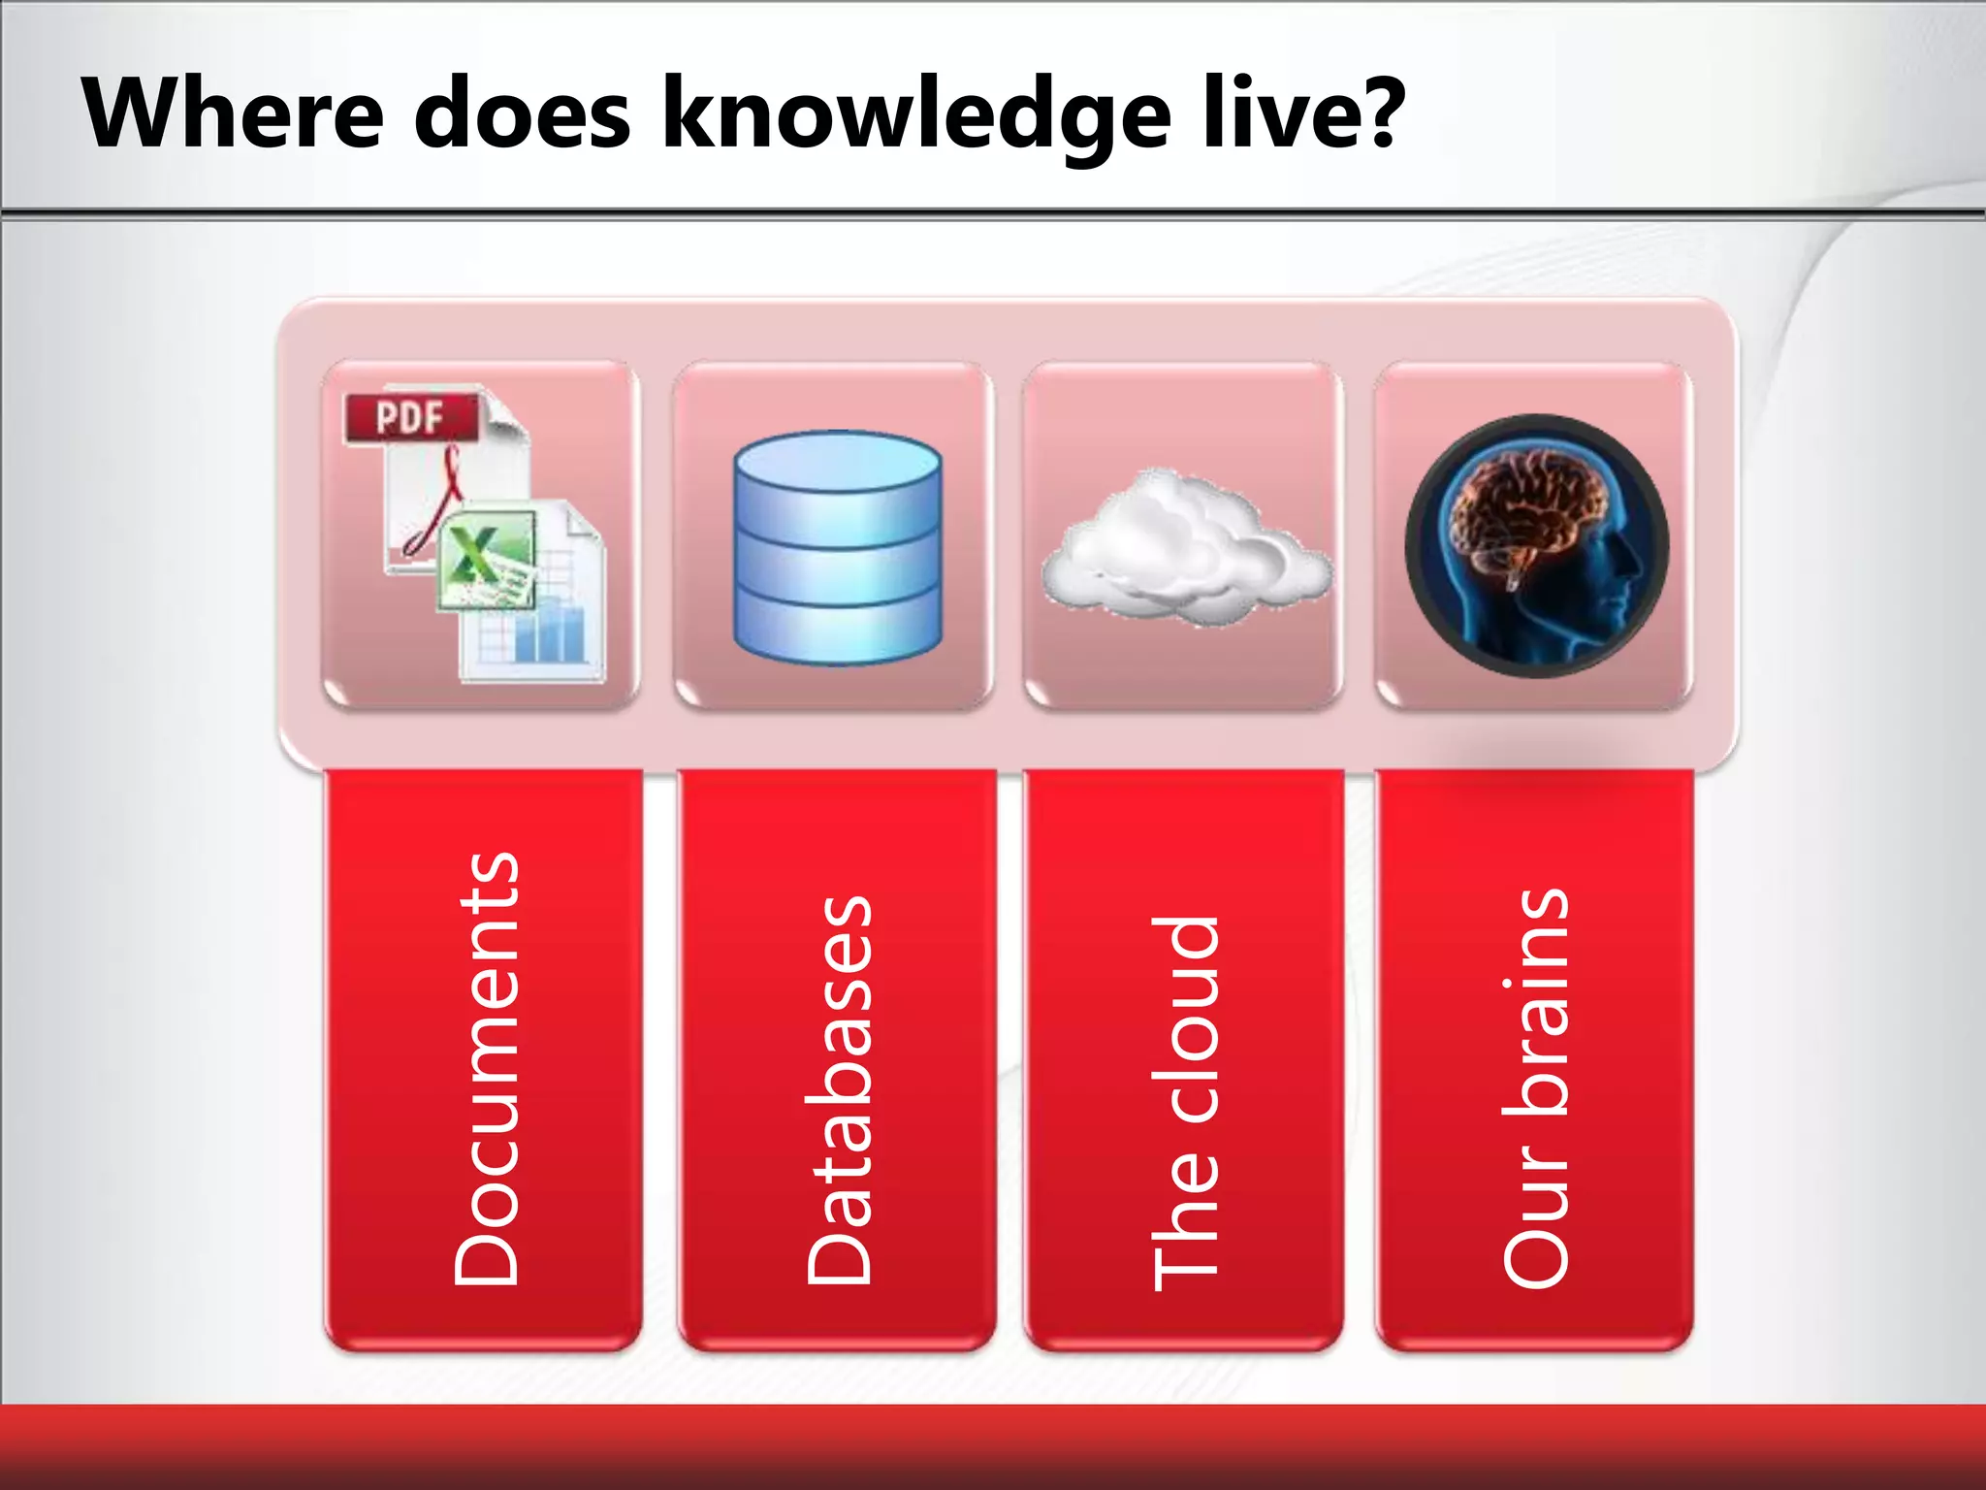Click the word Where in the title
(233, 113)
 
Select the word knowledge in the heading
(915, 116)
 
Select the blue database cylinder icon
(837, 548)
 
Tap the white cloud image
(1185, 548)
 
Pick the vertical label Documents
(487, 1067)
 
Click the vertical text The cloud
(1185, 1101)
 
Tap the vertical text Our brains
(1535, 1086)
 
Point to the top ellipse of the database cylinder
(837, 462)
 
